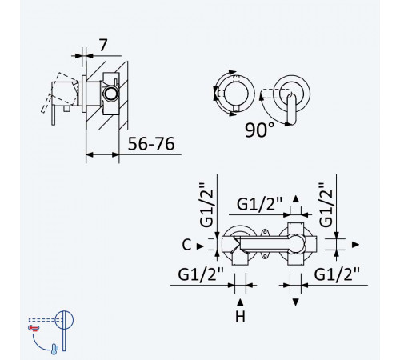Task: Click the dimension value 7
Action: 103,46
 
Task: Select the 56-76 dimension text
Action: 151,144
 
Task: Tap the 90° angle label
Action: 259,130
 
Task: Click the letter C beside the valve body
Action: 186,245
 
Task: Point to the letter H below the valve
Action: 240,317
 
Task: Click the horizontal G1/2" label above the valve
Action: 259,205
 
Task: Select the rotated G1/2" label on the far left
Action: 206,205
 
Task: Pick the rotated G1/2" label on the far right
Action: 326,205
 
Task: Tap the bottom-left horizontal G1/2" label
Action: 201,274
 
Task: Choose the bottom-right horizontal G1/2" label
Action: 337,274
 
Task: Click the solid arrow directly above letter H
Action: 240,302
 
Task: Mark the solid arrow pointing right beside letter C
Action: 200,246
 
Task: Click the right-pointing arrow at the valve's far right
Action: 355,245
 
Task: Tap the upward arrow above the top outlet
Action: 295,199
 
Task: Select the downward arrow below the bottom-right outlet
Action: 295,302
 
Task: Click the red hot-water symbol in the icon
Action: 34,328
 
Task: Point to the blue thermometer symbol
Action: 54,349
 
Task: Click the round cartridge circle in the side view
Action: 110,94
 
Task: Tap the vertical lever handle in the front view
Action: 291,110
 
